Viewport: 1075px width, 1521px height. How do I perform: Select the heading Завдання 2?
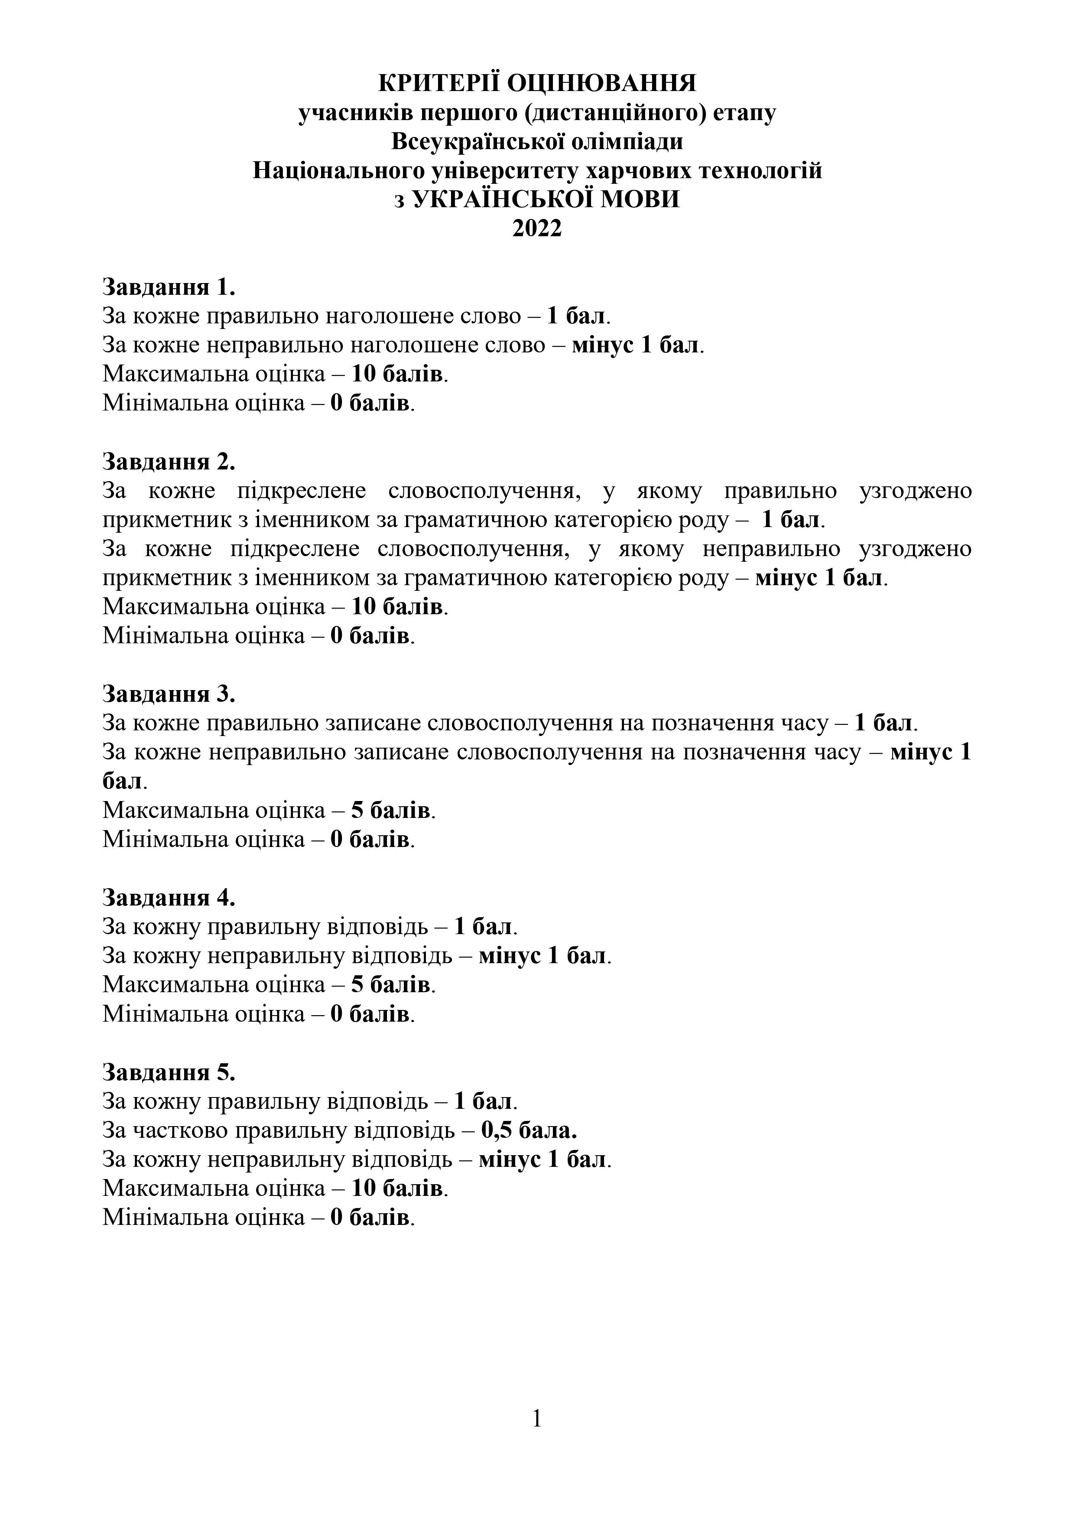[169, 461]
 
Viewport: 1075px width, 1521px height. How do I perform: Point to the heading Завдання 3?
[169, 694]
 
